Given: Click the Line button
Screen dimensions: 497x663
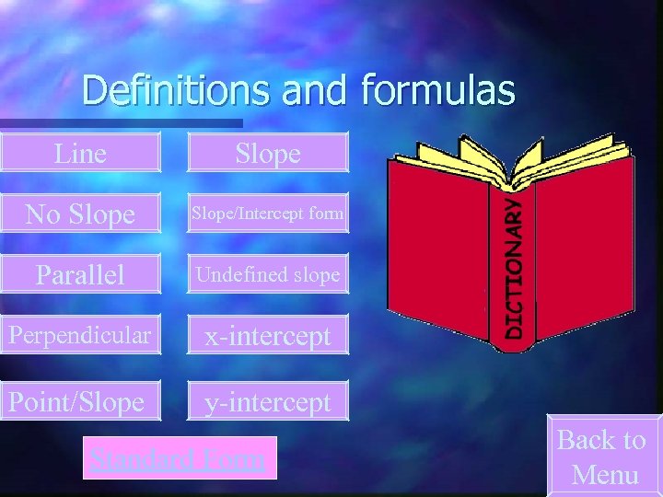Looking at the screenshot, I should pos(80,153).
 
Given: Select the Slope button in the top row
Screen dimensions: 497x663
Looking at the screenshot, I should pos(268,153).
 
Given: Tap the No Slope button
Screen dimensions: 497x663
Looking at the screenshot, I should pos(80,214).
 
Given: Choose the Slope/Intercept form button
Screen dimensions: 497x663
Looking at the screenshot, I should pos(268,214).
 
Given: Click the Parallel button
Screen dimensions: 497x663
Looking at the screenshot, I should pos(80,275).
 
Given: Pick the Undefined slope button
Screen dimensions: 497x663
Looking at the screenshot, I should pos(268,275).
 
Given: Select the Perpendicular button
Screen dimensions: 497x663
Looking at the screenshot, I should pos(79,336).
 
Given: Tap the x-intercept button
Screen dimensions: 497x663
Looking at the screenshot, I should pos(268,336).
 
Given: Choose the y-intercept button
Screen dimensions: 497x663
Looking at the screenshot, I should pos(268,401).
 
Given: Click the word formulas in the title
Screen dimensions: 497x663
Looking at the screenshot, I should pos(438,90).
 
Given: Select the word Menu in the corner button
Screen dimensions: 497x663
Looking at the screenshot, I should pos(605,475).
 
